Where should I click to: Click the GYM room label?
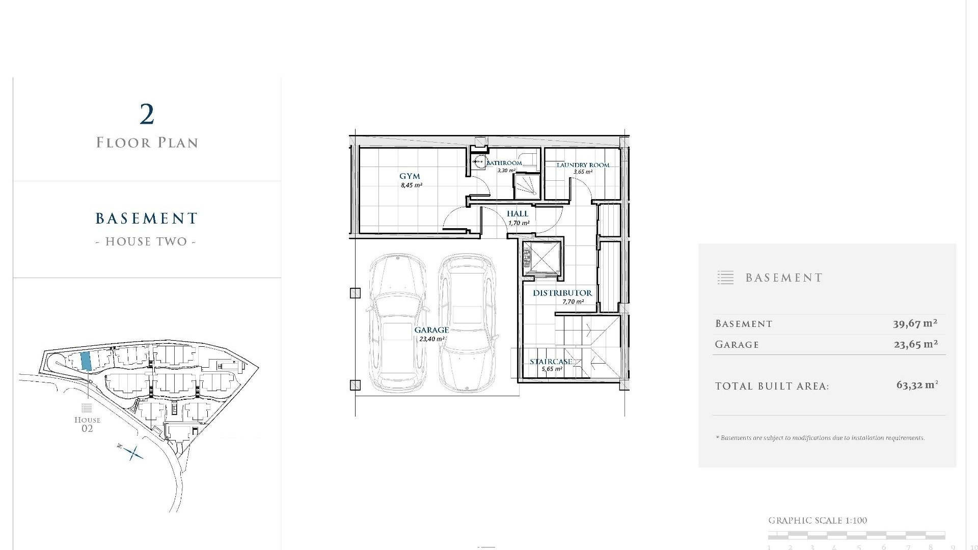(410, 176)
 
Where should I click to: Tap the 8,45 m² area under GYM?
(411, 185)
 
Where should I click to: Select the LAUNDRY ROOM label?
(583, 165)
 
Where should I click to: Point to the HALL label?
(518, 214)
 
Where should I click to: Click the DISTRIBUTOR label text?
(562, 293)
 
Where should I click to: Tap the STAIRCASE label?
(551, 362)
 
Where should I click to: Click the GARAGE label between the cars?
(431, 330)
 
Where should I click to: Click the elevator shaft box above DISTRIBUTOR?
(541, 259)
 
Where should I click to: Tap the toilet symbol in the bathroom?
(479, 162)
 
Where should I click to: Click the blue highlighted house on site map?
(86, 361)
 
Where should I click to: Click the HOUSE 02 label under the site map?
(87, 424)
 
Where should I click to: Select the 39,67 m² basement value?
(915, 323)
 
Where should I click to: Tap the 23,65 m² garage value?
(915, 344)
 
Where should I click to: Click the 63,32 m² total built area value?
(917, 385)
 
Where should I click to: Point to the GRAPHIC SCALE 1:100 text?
(817, 520)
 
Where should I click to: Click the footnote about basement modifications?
(820, 438)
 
